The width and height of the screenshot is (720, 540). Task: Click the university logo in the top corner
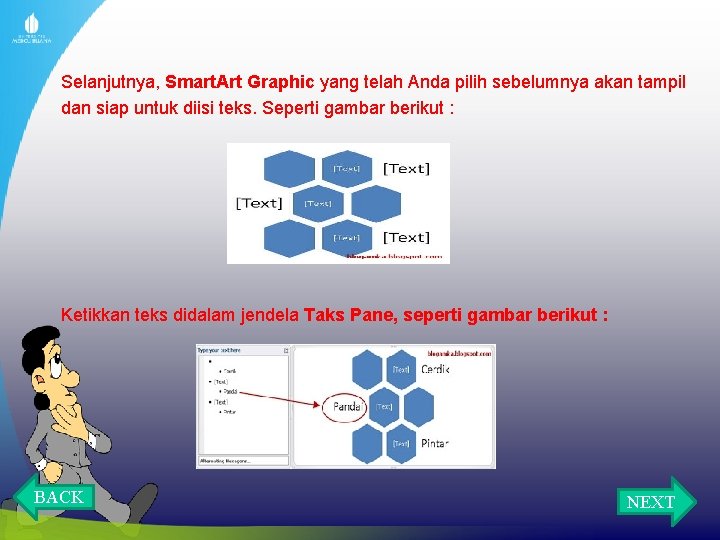(31, 28)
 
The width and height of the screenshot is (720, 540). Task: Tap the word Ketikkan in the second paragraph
(95, 316)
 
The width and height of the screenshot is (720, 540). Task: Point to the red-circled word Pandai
(347, 406)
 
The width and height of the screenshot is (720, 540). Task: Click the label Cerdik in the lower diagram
(435, 369)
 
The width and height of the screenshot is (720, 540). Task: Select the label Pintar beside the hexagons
(434, 443)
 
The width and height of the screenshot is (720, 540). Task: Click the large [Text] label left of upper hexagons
(259, 203)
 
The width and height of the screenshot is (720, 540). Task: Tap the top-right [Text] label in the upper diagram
(406, 168)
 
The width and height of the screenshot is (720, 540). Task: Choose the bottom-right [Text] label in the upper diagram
(406, 237)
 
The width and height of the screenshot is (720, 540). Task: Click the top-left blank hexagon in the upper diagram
(290, 169)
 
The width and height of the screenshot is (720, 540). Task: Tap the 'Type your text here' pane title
(219, 351)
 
